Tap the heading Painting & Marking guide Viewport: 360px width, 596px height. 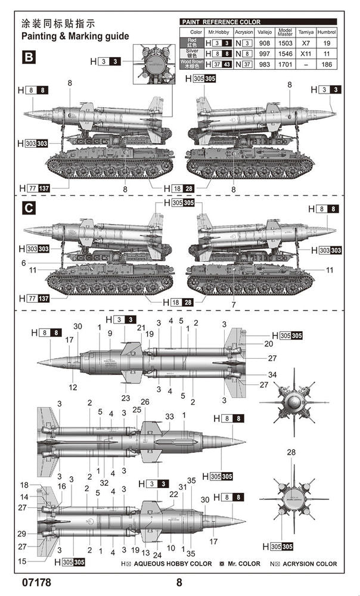[75, 36]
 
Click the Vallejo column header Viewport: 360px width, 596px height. [264, 32]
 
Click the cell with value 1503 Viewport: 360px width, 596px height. [285, 43]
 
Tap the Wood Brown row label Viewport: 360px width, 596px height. [192, 63]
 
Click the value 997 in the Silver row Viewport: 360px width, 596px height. [264, 53]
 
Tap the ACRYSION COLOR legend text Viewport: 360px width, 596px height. [309, 563]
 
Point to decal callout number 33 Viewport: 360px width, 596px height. [169, 416]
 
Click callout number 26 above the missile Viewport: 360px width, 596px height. [145, 402]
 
